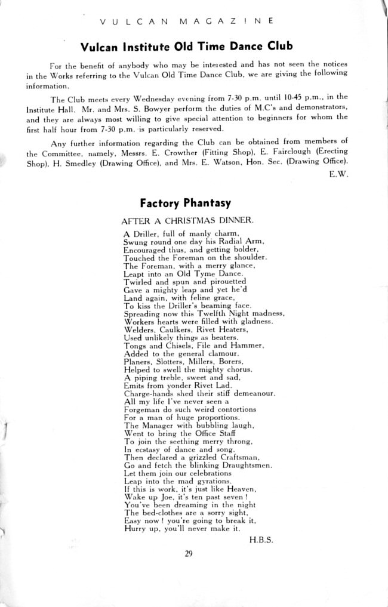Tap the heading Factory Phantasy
(185, 202)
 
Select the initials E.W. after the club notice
(338, 174)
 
